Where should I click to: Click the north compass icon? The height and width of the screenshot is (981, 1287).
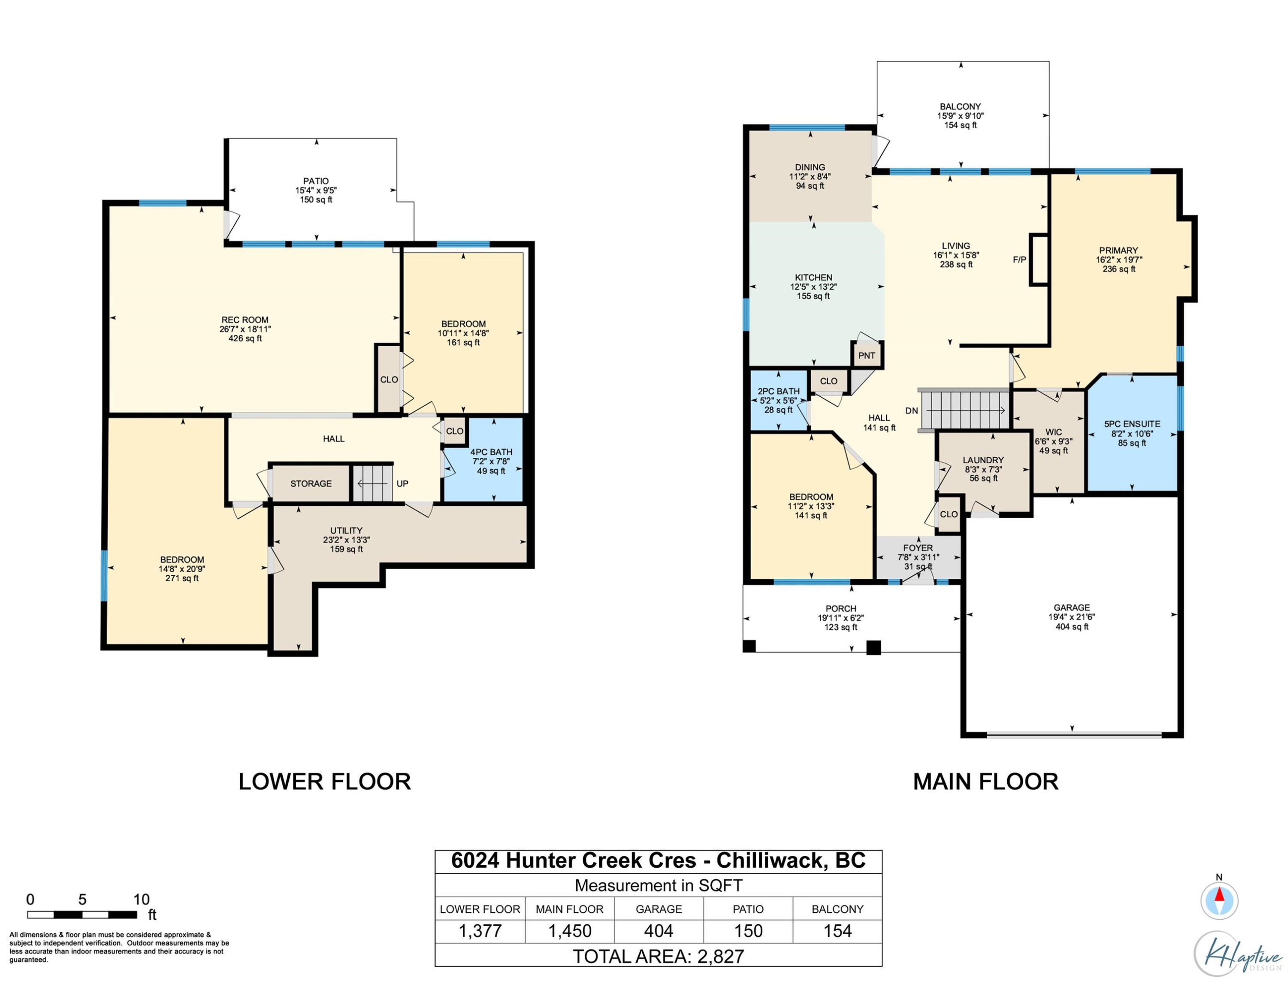[1219, 900]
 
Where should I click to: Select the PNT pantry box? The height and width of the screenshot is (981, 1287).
[866, 355]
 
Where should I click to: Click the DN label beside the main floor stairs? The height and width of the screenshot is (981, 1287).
[912, 411]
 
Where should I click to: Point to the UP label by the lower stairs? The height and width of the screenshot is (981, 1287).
[402, 483]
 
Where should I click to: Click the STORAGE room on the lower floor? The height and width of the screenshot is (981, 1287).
[311, 483]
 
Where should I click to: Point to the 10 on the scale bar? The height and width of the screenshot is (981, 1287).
[141, 899]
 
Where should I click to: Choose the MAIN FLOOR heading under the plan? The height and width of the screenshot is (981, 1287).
[986, 781]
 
